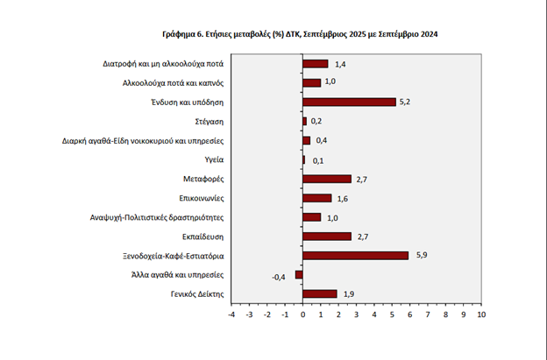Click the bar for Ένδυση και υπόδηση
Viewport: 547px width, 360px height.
[349, 102]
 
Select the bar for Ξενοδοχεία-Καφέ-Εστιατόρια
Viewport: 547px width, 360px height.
[355, 255]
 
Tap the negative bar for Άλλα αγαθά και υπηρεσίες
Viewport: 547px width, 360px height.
[299, 274]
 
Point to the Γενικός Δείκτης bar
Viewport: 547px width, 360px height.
[319, 293]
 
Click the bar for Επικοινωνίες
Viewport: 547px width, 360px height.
[316, 198]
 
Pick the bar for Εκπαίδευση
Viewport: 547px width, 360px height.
[326, 236]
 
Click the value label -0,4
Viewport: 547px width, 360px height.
[279, 276]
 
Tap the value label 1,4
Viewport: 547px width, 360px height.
[340, 64]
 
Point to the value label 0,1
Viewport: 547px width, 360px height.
[317, 160]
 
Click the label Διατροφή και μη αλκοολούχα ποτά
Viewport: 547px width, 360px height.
[162, 63]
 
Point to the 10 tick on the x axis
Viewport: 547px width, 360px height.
[480, 314]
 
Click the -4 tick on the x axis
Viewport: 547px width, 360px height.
[231, 314]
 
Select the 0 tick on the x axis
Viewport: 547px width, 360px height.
[302, 314]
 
